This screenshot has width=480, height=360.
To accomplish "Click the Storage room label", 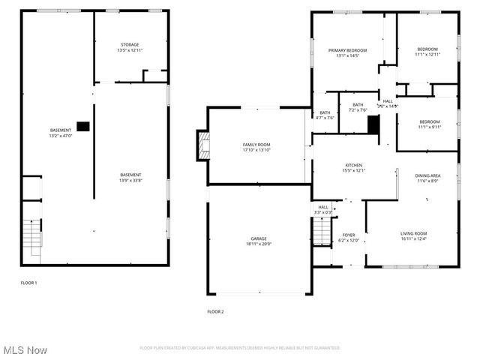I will [x=129, y=47].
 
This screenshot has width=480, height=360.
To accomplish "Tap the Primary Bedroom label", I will [x=347, y=52].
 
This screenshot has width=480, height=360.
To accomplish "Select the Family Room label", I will [x=256, y=147].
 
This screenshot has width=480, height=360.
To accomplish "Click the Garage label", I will [x=259, y=241].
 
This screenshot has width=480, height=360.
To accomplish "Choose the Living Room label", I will [x=413, y=235].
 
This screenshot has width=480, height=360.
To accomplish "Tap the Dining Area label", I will [x=428, y=178].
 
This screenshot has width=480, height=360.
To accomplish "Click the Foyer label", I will [x=349, y=238].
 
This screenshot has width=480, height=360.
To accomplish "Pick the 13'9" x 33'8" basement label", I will [x=130, y=178].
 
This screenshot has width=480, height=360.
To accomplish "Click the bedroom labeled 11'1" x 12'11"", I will [x=428, y=52].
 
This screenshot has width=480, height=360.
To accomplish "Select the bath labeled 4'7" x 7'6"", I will [x=325, y=115].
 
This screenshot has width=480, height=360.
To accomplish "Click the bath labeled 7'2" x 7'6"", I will [x=358, y=107].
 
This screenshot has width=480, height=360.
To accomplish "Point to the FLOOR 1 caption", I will [x=28, y=283].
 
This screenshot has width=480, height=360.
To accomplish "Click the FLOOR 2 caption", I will [x=215, y=311].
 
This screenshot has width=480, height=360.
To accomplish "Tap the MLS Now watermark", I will [x=25, y=350].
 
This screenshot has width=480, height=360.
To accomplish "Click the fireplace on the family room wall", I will [x=202, y=145].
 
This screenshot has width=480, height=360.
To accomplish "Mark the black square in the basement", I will [x=82, y=126].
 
